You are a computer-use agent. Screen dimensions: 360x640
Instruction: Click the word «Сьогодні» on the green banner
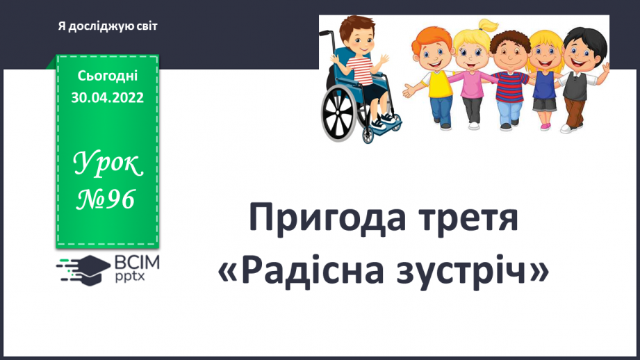coord(107,76)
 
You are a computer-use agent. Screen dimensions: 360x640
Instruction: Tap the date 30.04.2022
coord(107,98)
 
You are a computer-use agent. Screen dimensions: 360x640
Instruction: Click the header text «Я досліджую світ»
coord(108,26)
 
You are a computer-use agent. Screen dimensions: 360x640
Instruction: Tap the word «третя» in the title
coord(469,220)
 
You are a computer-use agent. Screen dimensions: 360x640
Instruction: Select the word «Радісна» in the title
coord(318,271)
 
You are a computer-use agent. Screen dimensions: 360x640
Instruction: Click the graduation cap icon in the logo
coord(89,267)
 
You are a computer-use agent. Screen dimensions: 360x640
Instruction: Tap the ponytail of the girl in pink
coord(490,26)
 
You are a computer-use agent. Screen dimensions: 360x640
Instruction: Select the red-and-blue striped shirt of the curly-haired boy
coord(509,85)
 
